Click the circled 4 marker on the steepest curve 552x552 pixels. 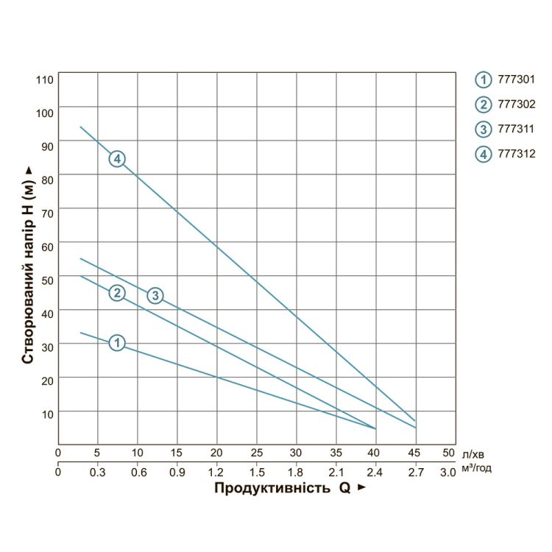pos(118,159)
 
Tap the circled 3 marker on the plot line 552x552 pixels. pos(155,295)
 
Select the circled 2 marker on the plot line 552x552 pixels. pos(117,293)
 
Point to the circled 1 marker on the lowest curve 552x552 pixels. pos(117,342)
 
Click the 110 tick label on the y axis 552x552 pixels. pos(44,78)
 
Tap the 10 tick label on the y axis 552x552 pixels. pos(46,414)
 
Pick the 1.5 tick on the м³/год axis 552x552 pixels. pos(256,471)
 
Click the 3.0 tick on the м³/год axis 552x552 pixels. pos(448,471)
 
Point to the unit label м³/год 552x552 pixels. pos(478,469)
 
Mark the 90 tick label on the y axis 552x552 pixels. pos(46,146)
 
